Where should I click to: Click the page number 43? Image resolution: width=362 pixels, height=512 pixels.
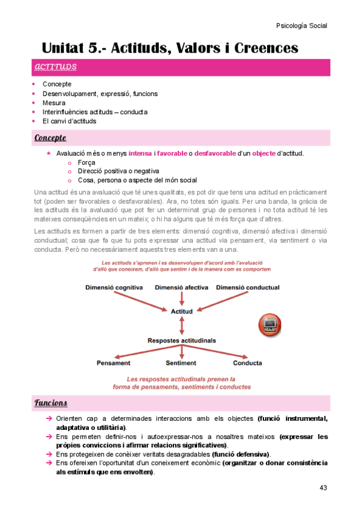pos(323,487)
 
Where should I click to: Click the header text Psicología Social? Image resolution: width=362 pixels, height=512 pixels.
pos(301,26)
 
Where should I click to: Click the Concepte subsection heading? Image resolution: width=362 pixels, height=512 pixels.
pos(50,138)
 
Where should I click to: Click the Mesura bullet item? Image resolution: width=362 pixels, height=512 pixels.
pos(54,103)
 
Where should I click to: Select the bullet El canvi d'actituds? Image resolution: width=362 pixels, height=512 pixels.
pos(69,121)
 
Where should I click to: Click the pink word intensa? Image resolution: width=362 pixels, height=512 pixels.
pos(140,153)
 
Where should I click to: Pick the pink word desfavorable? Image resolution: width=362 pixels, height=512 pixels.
pos(215,153)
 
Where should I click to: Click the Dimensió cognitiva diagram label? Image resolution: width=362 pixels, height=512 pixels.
pos(114,287)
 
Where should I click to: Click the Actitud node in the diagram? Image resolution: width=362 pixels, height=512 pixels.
pos(182,312)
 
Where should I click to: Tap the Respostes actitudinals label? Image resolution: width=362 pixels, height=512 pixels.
pos(182,341)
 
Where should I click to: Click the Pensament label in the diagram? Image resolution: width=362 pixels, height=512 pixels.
pos(114,363)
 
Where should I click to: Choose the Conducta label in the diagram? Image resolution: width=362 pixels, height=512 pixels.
pos(248,363)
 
